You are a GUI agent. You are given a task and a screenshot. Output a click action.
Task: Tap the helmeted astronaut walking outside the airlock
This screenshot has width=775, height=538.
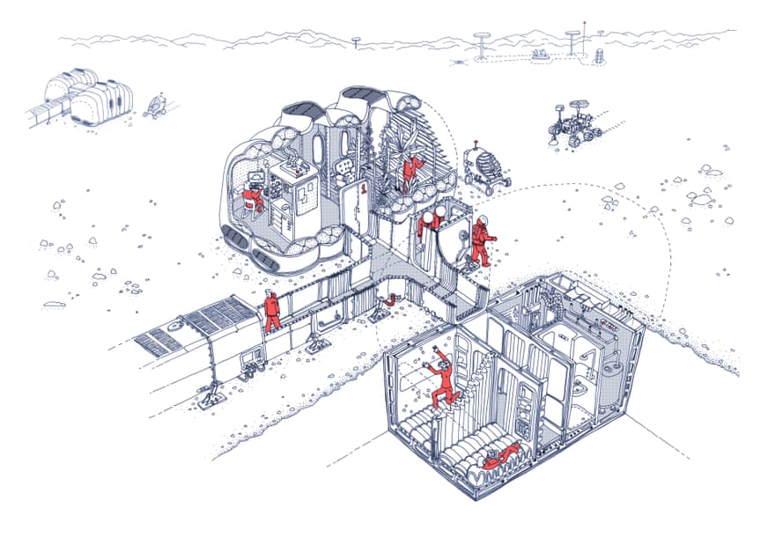click(480, 241)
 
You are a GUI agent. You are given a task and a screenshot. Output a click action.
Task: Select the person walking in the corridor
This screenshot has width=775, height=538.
click(272, 310)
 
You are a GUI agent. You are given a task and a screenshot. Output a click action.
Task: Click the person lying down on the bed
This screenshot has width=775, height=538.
click(501, 455)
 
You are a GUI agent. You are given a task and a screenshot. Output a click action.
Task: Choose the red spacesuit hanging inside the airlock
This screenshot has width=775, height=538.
click(429, 223)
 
